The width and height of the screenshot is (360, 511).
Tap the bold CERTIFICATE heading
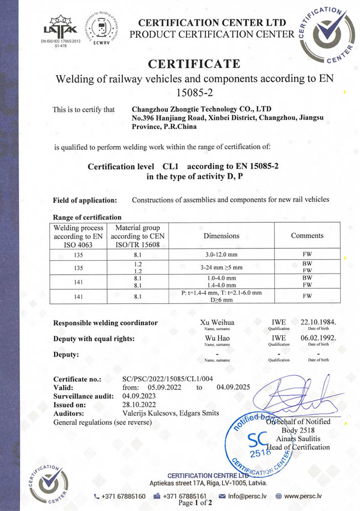(194, 64)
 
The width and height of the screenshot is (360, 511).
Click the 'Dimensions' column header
(221, 236)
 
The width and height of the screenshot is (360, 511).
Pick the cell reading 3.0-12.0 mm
(221, 253)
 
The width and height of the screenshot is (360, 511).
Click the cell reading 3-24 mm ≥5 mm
(221, 267)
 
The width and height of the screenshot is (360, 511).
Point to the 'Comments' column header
(307, 236)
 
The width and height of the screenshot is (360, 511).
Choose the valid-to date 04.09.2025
(233, 387)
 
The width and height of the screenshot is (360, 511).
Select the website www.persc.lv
(302, 496)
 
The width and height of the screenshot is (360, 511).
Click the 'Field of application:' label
(85, 200)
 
